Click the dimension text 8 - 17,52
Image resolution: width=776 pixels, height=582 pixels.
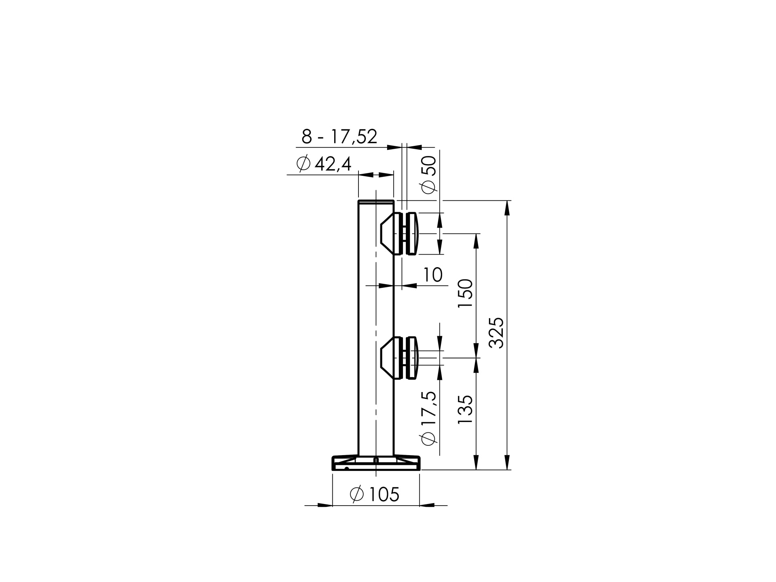[x=339, y=137]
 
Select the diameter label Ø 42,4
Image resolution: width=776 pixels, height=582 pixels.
[x=324, y=164]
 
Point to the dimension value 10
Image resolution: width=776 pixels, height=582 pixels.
[x=433, y=275]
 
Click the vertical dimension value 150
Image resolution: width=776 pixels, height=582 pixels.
[x=466, y=293]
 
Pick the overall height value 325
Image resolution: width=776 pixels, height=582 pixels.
[x=497, y=333]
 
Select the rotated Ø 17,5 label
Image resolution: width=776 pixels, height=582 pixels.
[x=429, y=418]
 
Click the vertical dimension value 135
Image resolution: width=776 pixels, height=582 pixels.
[x=466, y=409]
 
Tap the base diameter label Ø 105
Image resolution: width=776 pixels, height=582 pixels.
[x=375, y=494]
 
